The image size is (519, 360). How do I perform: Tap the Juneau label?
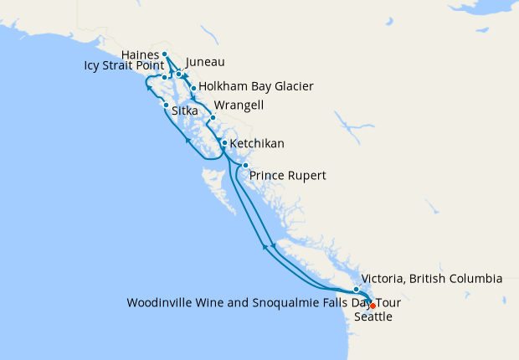coord(205,62)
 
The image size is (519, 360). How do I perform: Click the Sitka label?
coord(185,111)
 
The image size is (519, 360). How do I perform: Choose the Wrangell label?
coord(239,105)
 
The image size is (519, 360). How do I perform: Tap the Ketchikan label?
coord(257,144)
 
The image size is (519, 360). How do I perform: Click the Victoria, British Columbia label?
coord(430,279)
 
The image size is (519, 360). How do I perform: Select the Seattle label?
coord(373,317)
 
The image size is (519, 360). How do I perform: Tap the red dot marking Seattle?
coord(373,306)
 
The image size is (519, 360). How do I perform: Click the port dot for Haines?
coord(166,54)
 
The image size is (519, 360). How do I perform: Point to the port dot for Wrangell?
coord(213,117)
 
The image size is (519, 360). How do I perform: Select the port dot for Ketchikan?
coord(224,143)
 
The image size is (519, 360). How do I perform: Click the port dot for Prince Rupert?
coord(245,166)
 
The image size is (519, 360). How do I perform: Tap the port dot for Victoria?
coord(356,289)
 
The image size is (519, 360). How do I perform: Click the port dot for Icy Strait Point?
coord(165,78)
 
